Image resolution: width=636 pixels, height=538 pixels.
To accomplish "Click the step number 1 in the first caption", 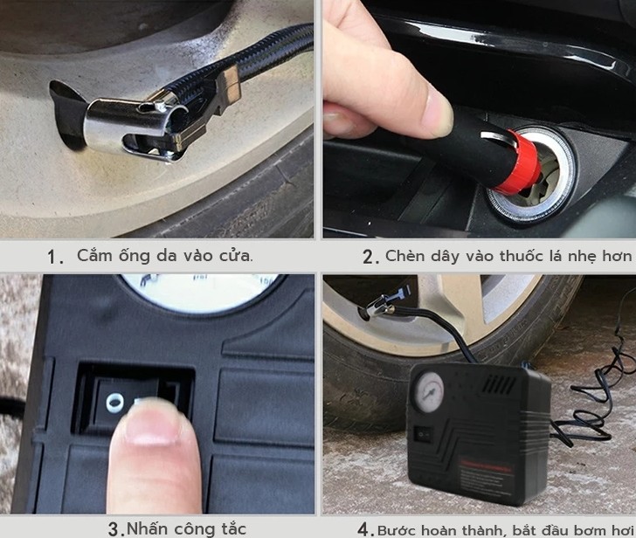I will point(55,257).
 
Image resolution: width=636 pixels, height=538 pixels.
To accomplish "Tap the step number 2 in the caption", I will point(370,257).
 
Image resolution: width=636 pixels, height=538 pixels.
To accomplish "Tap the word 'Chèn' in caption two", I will point(405,256).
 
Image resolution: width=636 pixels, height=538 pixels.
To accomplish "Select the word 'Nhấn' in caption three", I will point(149,528).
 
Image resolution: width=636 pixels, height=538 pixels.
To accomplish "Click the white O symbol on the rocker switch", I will point(114,402).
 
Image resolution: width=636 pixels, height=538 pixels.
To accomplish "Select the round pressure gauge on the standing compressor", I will point(431,393).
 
